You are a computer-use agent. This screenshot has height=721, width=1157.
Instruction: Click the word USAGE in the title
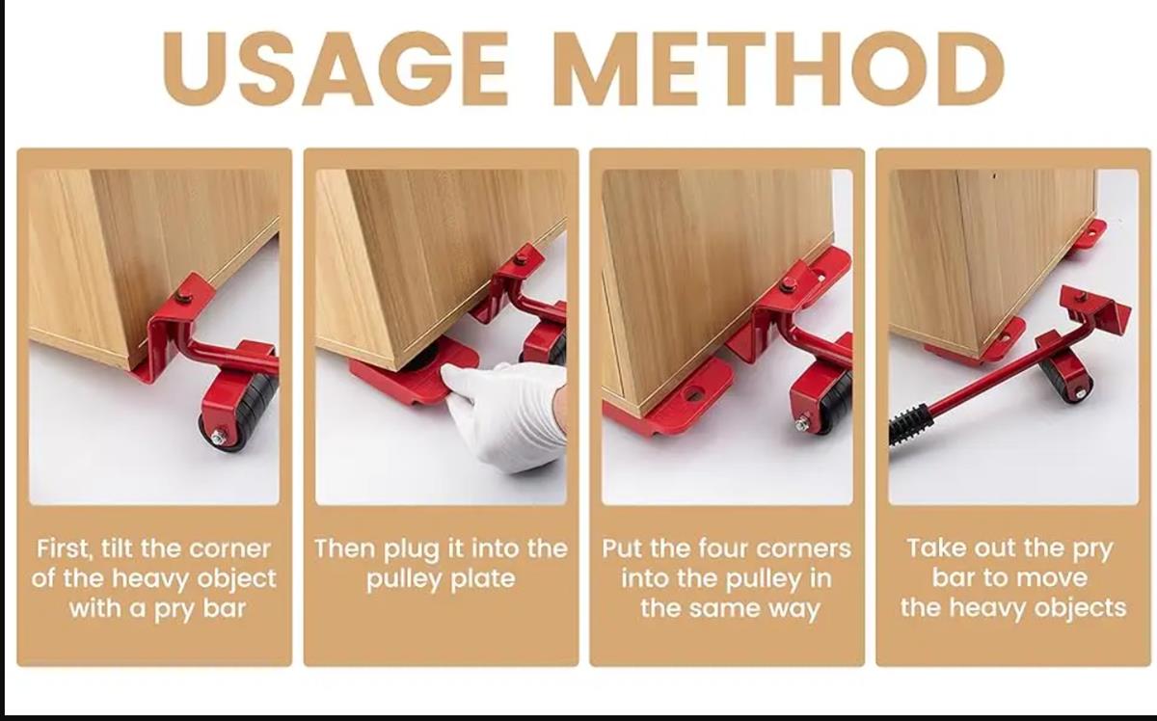point(336,68)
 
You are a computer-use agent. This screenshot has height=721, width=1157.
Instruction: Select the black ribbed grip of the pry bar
point(910,424)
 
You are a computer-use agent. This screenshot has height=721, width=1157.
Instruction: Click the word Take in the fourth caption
point(931,548)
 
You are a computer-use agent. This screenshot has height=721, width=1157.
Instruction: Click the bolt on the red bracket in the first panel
point(183,297)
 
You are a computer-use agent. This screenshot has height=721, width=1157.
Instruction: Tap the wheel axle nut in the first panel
point(218,438)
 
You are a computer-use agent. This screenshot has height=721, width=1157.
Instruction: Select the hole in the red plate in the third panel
point(692,395)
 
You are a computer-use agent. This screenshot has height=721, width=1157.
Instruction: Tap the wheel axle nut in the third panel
point(801,424)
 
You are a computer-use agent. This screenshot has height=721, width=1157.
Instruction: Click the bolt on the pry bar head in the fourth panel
point(1081,297)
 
